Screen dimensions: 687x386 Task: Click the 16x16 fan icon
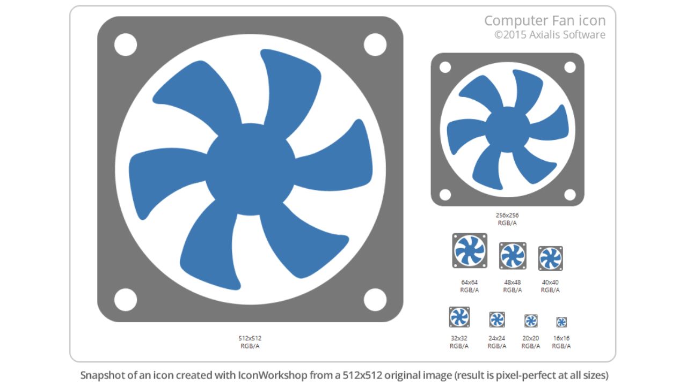pyautogui.click(x=561, y=322)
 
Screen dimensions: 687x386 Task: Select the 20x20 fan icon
pyautogui.click(x=531, y=321)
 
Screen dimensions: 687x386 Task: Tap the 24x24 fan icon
pyautogui.click(x=497, y=320)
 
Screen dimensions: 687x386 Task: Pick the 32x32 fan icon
pyautogui.click(x=459, y=317)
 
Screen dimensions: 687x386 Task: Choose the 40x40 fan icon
pyautogui.click(x=551, y=258)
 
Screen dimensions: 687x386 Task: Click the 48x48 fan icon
pyautogui.click(x=513, y=256)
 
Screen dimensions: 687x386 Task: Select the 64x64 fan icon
pyautogui.click(x=470, y=250)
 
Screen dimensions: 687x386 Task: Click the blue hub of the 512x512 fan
pyautogui.click(x=250, y=169)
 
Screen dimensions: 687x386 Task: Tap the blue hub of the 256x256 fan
pyautogui.click(x=508, y=129)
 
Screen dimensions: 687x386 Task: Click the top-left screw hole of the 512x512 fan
pyautogui.click(x=126, y=44)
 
